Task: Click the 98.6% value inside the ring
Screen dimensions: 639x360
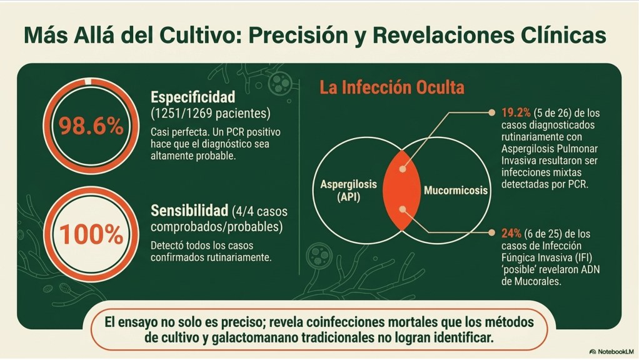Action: pyautogui.click(x=91, y=126)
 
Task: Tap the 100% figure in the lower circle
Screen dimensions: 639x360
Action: pyautogui.click(x=91, y=234)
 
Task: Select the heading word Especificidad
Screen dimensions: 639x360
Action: pyautogui.click(x=193, y=97)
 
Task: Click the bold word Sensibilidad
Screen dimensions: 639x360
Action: pyautogui.click(x=189, y=211)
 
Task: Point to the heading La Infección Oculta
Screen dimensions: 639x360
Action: pyautogui.click(x=391, y=87)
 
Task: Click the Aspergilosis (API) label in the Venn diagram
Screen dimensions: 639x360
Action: pyautogui.click(x=348, y=190)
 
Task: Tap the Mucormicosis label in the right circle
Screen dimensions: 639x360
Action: pyautogui.click(x=456, y=190)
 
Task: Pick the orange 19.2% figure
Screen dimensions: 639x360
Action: pyautogui.click(x=516, y=112)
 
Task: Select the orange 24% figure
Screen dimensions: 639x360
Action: pyautogui.click(x=511, y=233)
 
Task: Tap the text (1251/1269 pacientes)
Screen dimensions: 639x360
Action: pyautogui.click(x=210, y=114)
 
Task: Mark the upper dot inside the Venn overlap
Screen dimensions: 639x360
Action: pyautogui.click(x=402, y=169)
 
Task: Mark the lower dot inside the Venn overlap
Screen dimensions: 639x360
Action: pyautogui.click(x=402, y=209)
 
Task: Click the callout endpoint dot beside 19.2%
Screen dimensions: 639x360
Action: pyautogui.click(x=492, y=112)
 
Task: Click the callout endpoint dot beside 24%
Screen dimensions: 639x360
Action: pyautogui.click(x=492, y=232)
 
